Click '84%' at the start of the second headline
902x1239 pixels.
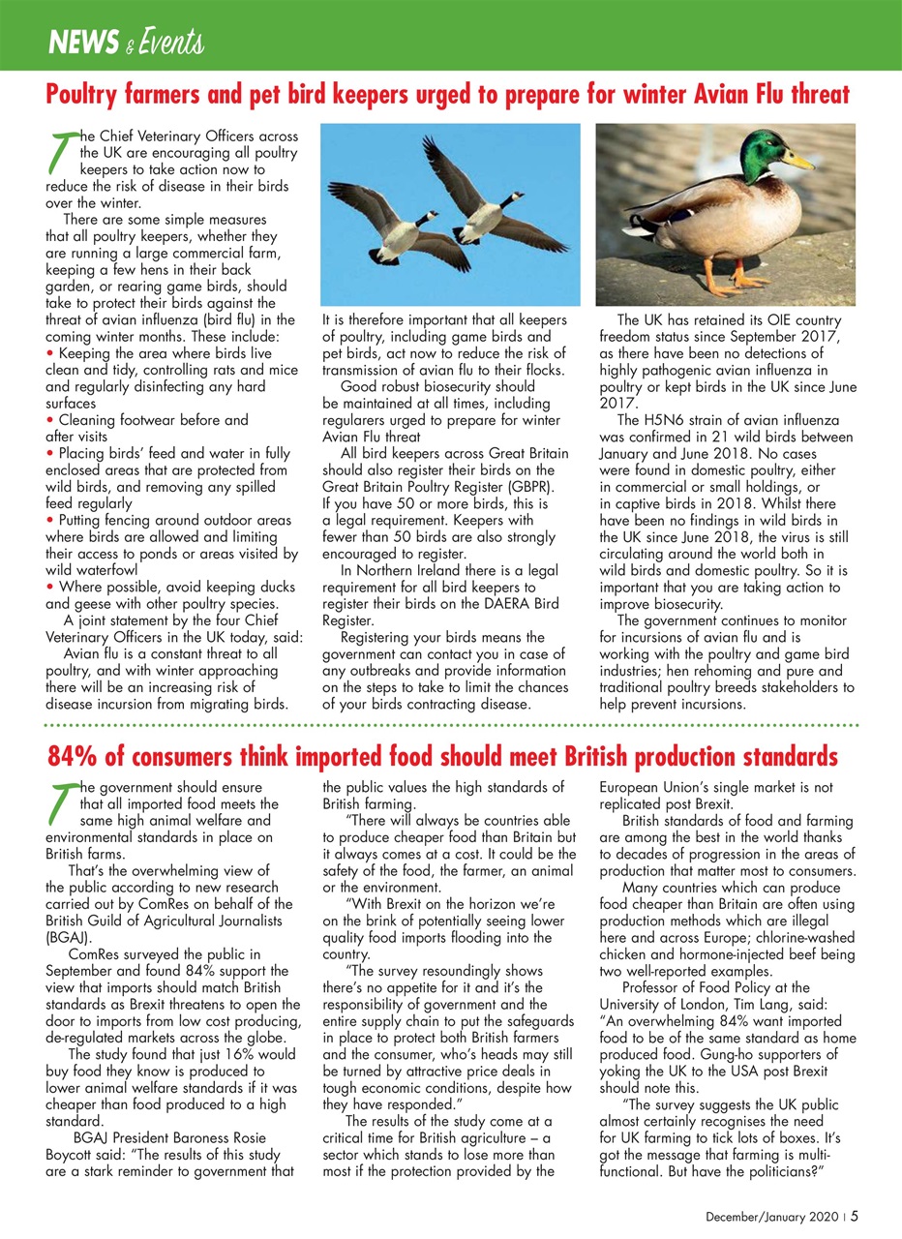tap(73, 755)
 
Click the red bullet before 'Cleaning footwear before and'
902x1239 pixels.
tap(50, 421)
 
